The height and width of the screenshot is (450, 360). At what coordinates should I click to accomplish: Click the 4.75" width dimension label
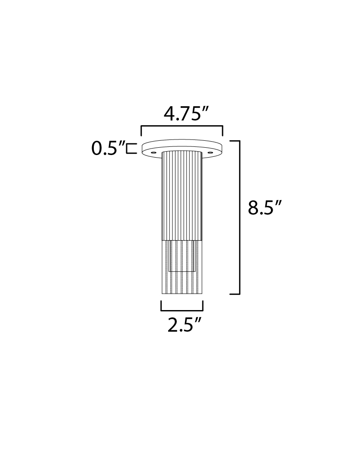coord(185,114)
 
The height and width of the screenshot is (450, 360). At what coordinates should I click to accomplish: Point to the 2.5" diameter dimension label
coord(185,325)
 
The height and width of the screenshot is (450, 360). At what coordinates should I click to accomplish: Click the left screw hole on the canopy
coord(154,152)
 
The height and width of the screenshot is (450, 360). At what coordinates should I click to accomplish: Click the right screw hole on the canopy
coord(210,152)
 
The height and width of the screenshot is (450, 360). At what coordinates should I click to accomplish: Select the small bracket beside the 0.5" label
coord(132,149)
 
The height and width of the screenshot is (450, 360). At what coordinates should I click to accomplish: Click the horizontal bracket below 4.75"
coord(182,126)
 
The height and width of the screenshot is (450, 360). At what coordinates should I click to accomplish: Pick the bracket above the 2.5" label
coord(182,310)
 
